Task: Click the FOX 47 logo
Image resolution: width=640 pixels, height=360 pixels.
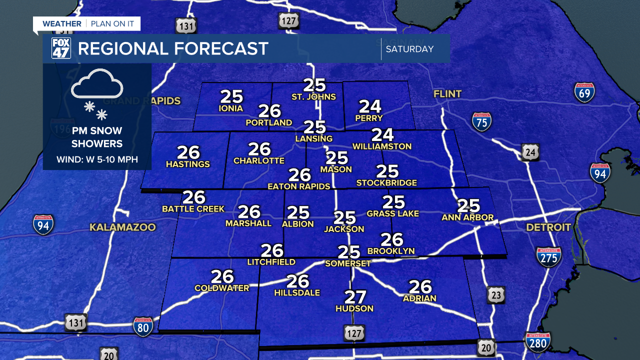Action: click(x=61, y=48)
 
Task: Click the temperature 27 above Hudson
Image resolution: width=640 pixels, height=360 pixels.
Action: click(x=355, y=297)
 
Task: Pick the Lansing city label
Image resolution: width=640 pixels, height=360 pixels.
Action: click(x=314, y=138)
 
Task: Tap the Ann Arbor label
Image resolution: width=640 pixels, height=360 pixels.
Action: click(x=467, y=217)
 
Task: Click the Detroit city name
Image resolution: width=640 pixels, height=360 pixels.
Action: click(x=548, y=227)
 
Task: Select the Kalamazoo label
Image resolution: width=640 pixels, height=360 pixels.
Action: click(x=122, y=227)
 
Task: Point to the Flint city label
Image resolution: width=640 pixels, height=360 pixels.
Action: click(x=447, y=94)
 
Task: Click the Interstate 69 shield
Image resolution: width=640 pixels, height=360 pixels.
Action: click(x=584, y=92)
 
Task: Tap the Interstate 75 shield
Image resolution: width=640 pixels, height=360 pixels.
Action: click(x=481, y=121)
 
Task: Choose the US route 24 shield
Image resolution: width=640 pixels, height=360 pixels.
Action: click(x=530, y=152)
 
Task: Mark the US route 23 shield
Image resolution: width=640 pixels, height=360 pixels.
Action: click(x=495, y=295)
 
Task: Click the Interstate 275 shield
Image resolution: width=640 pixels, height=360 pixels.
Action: click(x=548, y=256)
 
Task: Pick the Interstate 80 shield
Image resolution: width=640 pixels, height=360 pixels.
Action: click(x=143, y=326)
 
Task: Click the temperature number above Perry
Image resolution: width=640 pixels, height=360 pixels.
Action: click(x=370, y=106)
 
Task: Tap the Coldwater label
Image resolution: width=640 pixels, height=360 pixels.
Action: click(x=221, y=288)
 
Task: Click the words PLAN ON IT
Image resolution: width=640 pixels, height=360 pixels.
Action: click(x=113, y=23)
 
